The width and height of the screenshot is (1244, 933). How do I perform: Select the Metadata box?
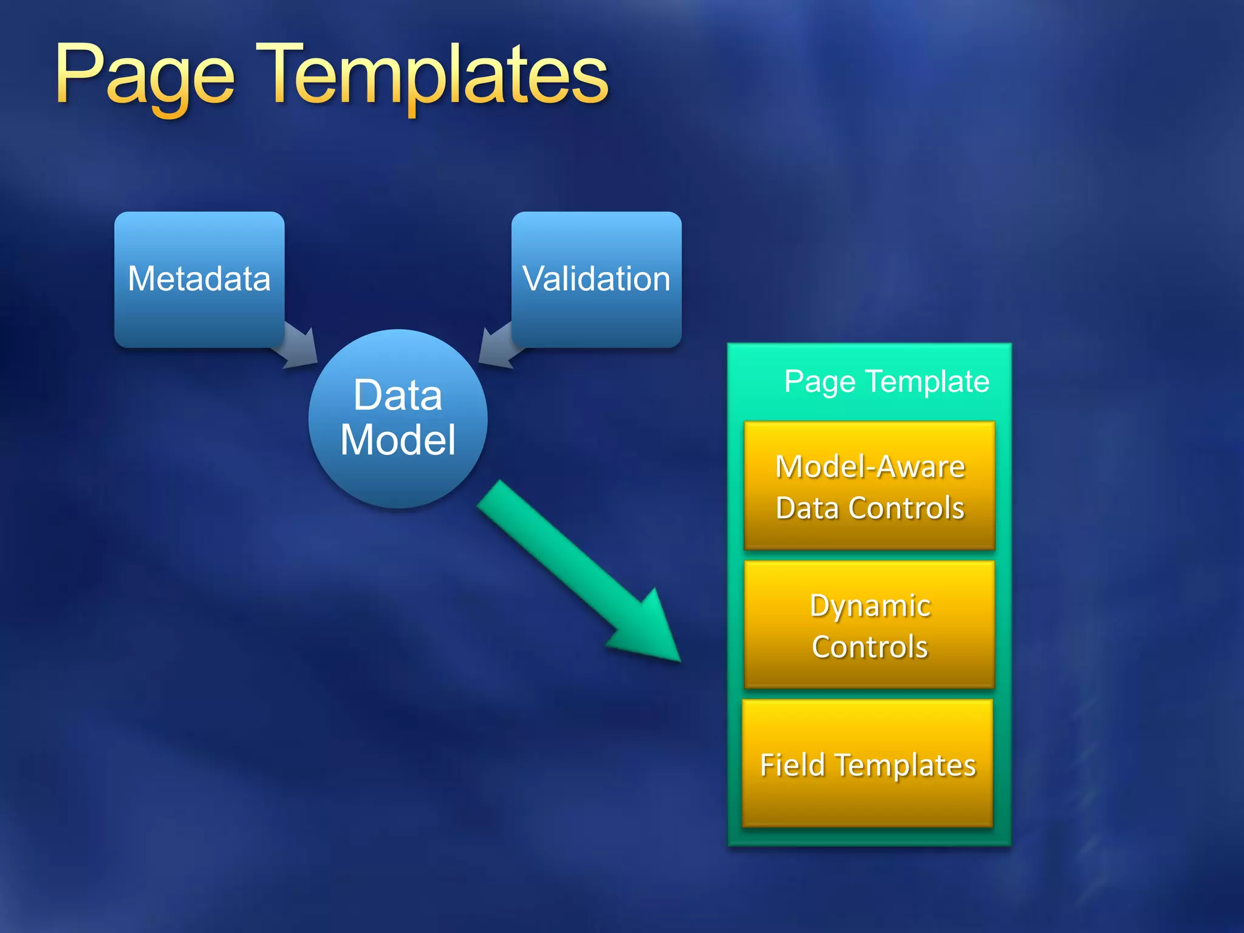199,279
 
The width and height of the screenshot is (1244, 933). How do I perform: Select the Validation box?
596,279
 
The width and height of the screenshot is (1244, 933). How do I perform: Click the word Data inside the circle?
398,395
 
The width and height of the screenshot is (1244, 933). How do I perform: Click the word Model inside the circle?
398,440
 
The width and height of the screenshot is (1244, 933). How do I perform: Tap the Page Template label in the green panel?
886,382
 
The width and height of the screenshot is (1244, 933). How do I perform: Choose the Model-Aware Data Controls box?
869,486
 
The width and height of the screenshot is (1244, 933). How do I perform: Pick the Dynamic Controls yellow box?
869,626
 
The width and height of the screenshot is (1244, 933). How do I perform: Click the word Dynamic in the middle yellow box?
870,606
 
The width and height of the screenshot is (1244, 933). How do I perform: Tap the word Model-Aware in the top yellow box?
870,467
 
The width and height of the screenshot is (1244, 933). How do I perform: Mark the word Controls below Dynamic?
870,647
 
